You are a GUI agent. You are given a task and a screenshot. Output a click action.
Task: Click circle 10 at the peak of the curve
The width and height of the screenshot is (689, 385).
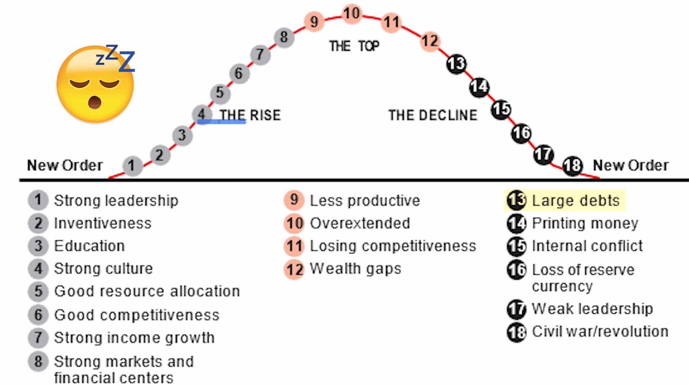[x=352, y=13]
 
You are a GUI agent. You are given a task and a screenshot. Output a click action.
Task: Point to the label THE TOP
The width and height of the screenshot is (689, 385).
[x=354, y=46]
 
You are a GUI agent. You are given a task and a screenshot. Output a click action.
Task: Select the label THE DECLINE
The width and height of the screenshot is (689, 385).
[x=433, y=115]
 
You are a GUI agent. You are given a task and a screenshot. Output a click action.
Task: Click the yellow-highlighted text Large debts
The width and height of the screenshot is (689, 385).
[x=576, y=201]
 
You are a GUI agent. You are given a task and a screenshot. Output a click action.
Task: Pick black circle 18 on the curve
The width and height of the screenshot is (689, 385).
[x=572, y=165]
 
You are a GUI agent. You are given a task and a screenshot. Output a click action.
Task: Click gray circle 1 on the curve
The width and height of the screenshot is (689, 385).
[x=132, y=165]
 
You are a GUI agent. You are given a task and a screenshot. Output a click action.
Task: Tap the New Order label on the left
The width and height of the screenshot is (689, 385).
[x=65, y=165]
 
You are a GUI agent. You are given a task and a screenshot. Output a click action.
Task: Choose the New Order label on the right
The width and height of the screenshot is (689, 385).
[x=631, y=165]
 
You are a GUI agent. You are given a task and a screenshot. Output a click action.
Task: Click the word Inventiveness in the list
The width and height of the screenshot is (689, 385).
[x=103, y=223]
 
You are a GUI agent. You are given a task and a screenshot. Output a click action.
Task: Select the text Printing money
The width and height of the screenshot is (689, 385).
[x=585, y=223]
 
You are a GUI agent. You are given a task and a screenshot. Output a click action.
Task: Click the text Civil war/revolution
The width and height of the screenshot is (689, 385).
[x=600, y=331]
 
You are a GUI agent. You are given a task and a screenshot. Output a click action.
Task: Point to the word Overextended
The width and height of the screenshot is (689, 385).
[x=360, y=223]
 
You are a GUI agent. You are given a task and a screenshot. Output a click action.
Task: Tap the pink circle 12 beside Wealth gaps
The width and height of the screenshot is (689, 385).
[x=294, y=269]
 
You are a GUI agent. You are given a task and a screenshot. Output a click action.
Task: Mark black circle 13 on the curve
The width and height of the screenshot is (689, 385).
[x=456, y=64]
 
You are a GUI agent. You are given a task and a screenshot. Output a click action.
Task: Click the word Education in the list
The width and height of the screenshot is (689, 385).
[x=89, y=246]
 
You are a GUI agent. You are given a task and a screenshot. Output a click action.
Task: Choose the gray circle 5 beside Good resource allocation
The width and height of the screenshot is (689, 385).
[x=38, y=291]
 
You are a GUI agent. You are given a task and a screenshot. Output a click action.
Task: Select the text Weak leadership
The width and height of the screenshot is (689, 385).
[x=592, y=309]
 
